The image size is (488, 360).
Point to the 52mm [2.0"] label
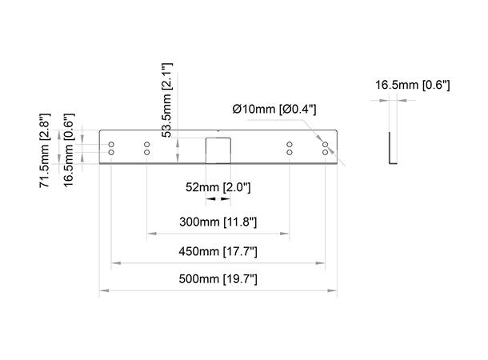[218, 187]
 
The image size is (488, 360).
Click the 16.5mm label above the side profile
[413, 84]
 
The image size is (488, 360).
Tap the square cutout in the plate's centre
[218, 150]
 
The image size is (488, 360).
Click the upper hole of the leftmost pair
[112, 145]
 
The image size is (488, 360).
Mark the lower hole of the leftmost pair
[112, 152]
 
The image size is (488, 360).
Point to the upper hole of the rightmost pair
[325, 145]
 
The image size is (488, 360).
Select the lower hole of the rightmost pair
[325, 152]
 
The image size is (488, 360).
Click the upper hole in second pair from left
[147, 145]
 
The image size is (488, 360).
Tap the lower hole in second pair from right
[290, 152]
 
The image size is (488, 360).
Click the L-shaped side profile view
[390, 150]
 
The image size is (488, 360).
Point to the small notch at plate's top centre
[218, 132]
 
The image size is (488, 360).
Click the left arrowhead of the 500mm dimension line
[102, 290]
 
